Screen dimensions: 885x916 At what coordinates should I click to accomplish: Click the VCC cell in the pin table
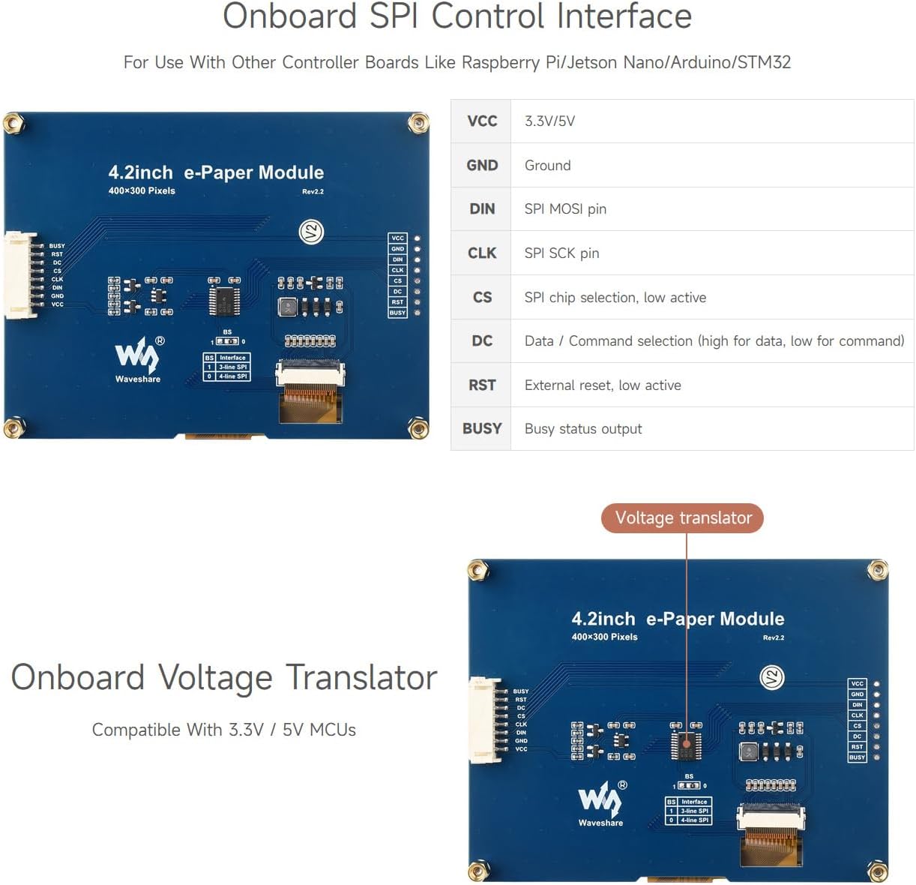481,121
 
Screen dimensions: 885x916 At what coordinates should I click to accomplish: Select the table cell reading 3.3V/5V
549,121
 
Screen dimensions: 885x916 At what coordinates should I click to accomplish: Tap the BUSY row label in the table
481,429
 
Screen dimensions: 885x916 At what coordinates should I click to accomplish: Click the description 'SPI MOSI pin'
565,209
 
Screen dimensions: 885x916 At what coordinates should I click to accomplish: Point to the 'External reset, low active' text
603,385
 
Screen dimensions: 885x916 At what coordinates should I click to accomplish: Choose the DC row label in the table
481,341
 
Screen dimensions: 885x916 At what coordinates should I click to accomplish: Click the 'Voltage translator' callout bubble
682,518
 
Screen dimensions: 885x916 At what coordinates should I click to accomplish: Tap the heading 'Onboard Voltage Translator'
223,677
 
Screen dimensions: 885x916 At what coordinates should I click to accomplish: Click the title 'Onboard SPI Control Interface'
457,17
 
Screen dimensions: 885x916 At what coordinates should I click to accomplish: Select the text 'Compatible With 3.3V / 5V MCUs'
223,730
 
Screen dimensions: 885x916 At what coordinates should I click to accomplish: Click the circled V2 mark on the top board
311,232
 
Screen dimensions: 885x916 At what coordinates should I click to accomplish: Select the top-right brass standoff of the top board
418,123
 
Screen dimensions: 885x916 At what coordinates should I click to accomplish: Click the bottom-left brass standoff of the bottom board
478,871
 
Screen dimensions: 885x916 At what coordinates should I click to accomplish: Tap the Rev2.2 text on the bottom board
774,637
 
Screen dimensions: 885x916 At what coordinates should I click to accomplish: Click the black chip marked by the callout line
686,745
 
